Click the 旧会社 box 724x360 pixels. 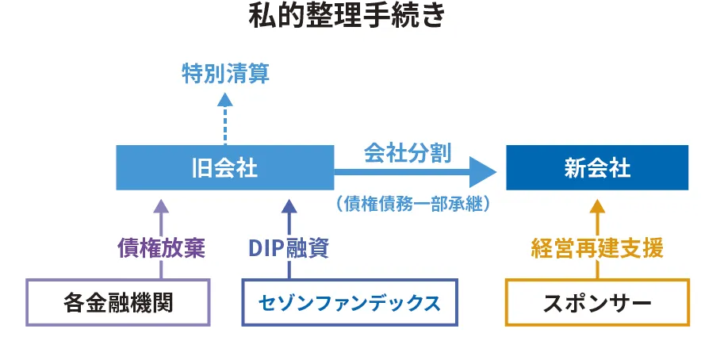(224, 167)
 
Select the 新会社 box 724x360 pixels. (597, 167)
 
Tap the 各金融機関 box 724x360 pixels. (118, 302)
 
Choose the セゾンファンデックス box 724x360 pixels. (349, 302)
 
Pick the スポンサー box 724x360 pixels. (597, 302)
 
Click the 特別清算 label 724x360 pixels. (225, 75)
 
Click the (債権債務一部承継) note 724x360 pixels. (412, 204)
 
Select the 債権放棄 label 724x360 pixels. (161, 249)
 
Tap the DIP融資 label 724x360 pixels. (289, 249)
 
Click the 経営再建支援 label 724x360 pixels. (597, 249)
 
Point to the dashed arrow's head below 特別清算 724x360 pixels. (225, 99)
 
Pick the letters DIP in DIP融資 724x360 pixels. (266, 249)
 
